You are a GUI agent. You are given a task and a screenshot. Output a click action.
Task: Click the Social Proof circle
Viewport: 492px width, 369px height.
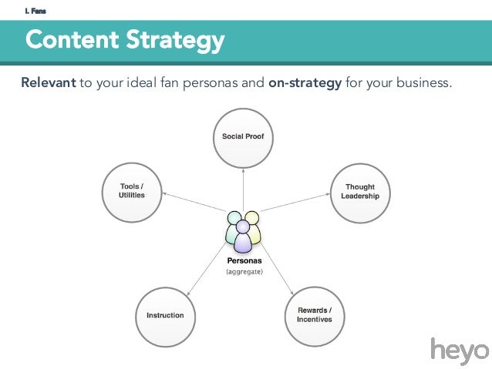click(243, 138)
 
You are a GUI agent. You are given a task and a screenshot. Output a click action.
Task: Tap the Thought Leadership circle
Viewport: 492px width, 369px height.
click(360, 191)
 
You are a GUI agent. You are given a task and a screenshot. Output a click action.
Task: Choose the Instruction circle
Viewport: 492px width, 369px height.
click(165, 315)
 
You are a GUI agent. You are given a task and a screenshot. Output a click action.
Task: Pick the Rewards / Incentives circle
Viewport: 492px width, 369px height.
click(315, 315)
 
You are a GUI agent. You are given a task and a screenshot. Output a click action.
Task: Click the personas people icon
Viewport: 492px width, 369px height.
click(243, 230)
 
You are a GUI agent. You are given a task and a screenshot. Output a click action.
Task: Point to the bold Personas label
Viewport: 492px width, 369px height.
click(244, 260)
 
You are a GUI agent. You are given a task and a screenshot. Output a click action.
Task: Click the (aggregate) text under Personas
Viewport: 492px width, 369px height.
click(244, 272)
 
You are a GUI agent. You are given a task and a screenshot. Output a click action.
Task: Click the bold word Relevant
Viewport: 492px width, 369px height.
click(48, 82)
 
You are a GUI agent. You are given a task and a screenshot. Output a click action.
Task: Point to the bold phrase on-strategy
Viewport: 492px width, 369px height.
click(305, 82)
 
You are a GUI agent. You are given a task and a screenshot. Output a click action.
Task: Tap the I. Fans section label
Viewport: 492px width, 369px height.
click(35, 10)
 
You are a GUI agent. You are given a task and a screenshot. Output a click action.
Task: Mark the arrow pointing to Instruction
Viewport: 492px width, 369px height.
click(204, 270)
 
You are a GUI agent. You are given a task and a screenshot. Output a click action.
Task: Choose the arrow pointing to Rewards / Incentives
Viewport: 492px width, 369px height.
click(278, 270)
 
